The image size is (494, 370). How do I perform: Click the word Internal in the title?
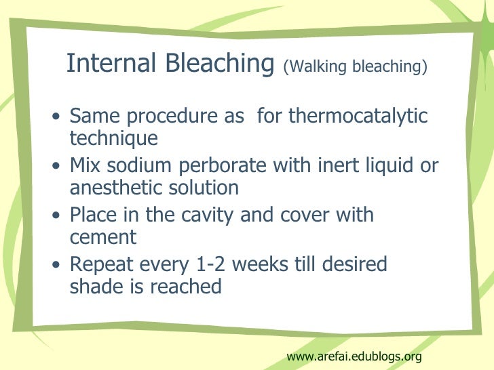pyautogui.click(x=110, y=64)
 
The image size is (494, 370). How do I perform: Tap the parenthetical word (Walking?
pyautogui.click(x=313, y=68)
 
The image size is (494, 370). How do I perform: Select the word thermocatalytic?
pyautogui.click(x=358, y=117)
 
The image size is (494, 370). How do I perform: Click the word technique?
pyautogui.click(x=113, y=139)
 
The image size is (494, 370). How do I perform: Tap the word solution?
pyautogui.click(x=208, y=188)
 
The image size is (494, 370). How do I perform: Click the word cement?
pyautogui.click(x=103, y=238)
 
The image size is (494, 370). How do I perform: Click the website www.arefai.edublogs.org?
pyautogui.click(x=354, y=356)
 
